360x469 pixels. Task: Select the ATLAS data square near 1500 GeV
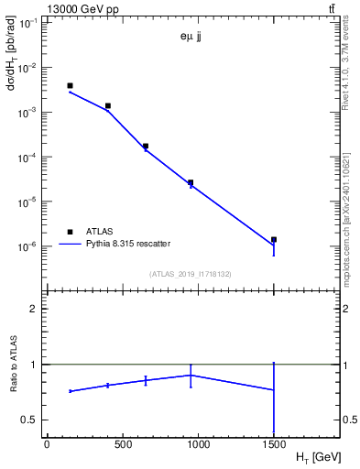point(274,239)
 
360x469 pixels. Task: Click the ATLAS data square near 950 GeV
point(191,182)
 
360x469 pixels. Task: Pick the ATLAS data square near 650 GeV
point(146,146)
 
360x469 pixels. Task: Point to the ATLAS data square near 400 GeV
point(107,106)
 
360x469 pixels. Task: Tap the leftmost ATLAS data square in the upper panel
point(70,86)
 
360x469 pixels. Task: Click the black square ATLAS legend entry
point(70,232)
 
